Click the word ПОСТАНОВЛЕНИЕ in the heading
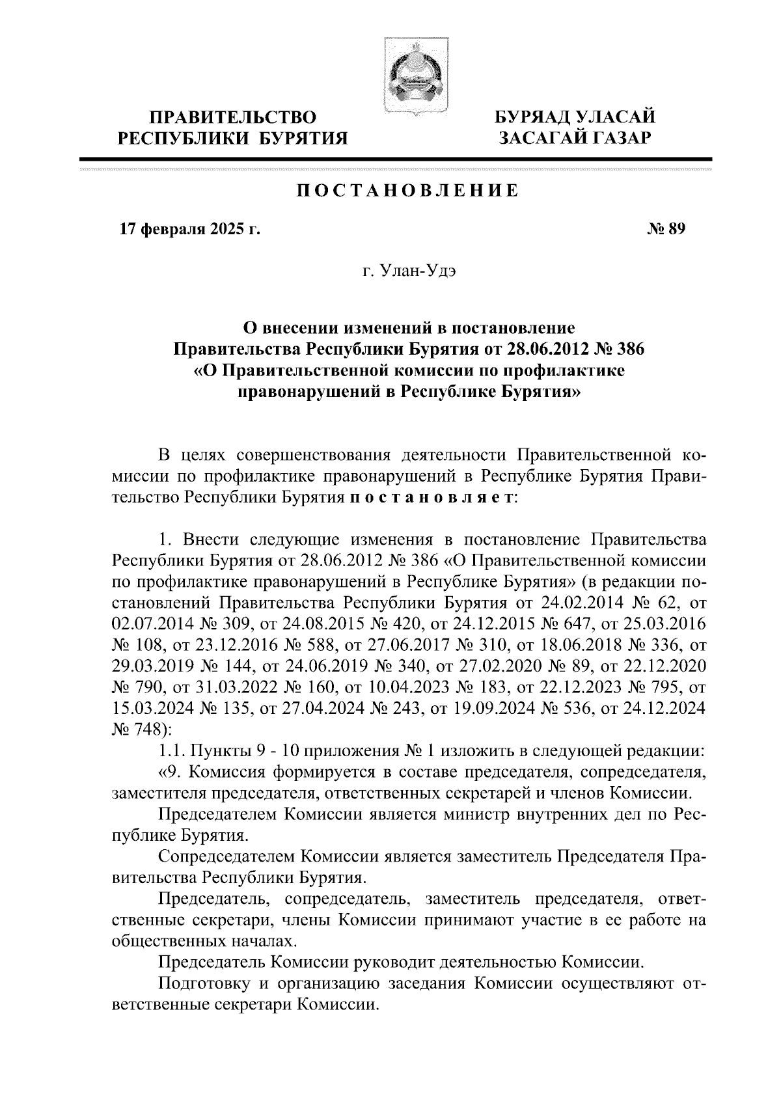click(x=408, y=191)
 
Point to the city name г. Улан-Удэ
click(x=409, y=271)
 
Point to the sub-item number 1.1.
click(x=170, y=751)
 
